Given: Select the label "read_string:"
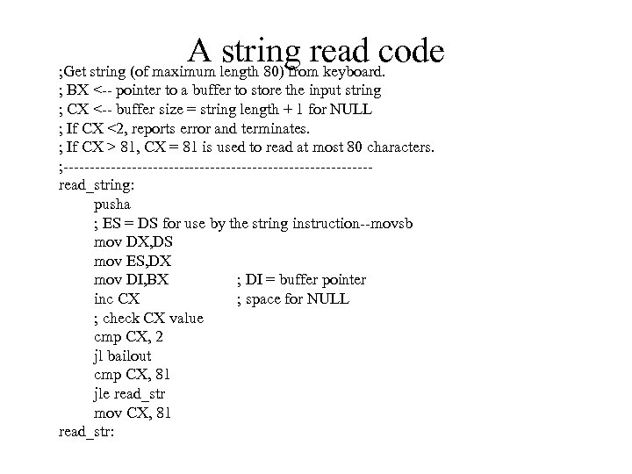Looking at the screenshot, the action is click(96, 185).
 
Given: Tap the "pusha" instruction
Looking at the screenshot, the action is click(111, 205).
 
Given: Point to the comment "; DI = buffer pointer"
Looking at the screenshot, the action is click(301, 280).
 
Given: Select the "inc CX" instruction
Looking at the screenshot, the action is click(116, 298).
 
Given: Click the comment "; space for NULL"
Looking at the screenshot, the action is click(292, 298).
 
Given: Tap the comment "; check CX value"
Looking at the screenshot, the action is click(148, 318).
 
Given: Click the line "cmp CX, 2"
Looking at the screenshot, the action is click(128, 337).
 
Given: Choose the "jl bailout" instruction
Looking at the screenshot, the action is click(122, 355).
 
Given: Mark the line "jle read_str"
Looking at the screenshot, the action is click(129, 394).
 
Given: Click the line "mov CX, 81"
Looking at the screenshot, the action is click(133, 413).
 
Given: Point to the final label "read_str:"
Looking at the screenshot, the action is click(87, 432).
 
